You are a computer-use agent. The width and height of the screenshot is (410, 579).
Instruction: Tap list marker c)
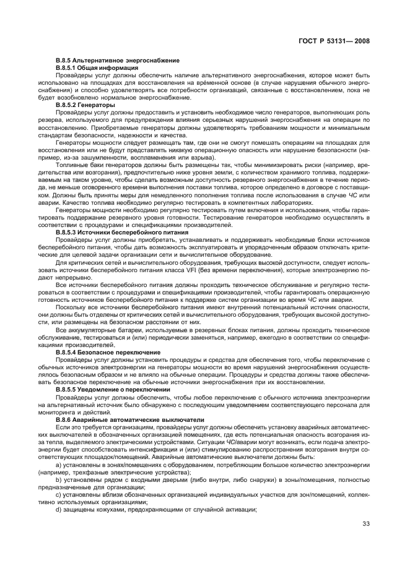point(59,494)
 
